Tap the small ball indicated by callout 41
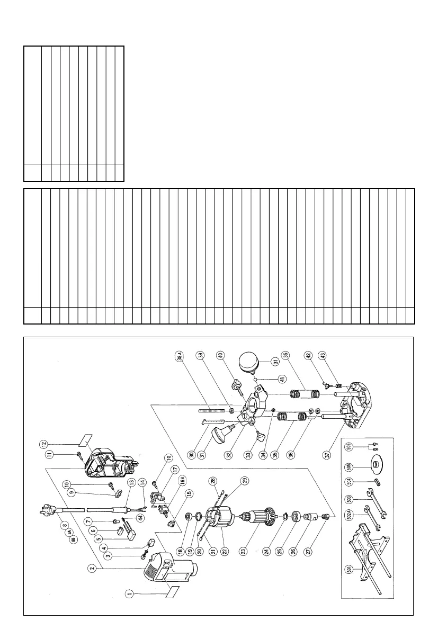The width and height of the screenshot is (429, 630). (x=254, y=379)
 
